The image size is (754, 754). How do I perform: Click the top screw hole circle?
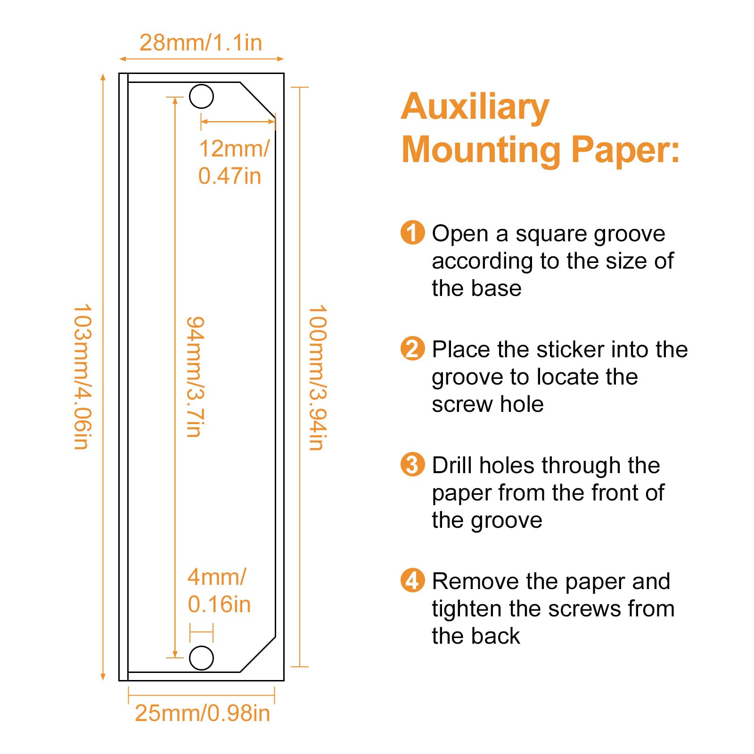tap(201, 97)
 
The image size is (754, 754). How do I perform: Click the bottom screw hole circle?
tap(201, 658)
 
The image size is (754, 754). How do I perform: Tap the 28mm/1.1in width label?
tap(201, 42)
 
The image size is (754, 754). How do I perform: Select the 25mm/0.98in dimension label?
tap(202, 713)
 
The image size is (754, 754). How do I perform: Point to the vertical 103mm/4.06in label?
tap(82, 377)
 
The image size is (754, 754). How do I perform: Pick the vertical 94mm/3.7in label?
tap(195, 377)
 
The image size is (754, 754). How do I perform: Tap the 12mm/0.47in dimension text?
tap(233, 162)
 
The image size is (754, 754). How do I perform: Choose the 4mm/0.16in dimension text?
tap(219, 590)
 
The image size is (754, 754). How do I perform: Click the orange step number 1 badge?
tap(412, 232)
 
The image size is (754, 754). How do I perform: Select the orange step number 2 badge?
tap(412, 349)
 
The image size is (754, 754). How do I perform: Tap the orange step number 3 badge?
tap(412, 465)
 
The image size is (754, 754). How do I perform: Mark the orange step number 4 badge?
tap(412, 581)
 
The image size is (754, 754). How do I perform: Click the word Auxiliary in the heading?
tap(475, 107)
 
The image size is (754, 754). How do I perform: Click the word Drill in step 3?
tap(452, 465)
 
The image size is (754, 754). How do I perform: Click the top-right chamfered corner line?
tap(258, 99)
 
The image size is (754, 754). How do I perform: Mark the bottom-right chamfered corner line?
tap(258, 655)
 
